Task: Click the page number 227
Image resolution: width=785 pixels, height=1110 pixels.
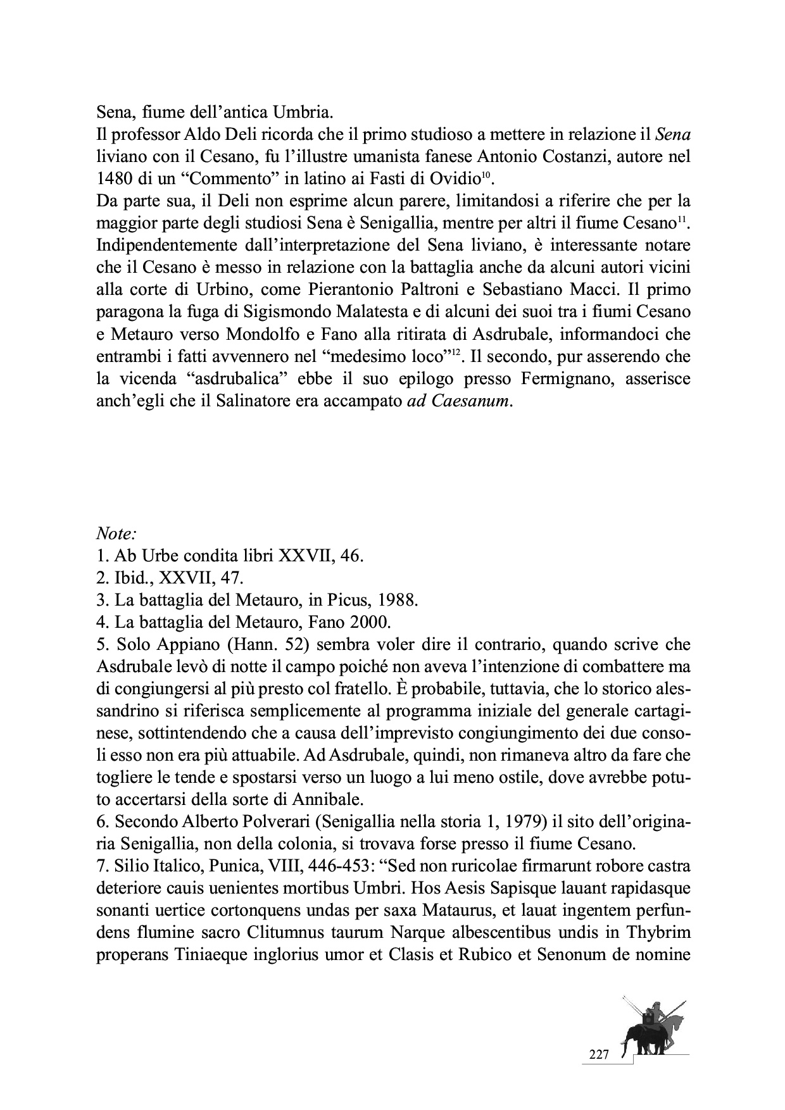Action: [598, 1054]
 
